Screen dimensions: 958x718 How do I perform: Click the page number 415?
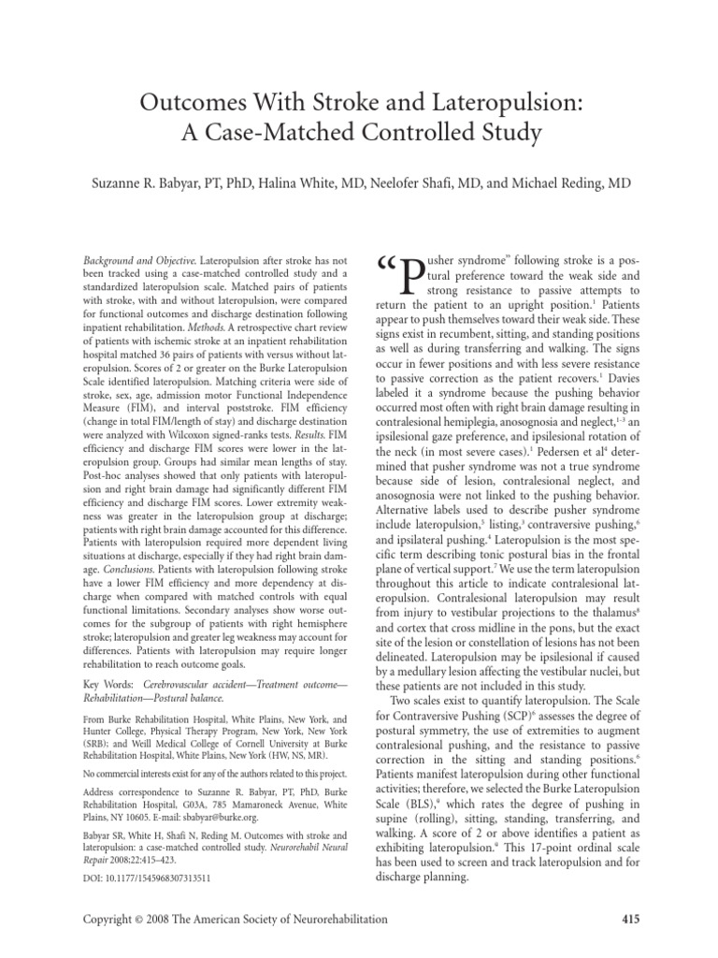pyautogui.click(x=631, y=920)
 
